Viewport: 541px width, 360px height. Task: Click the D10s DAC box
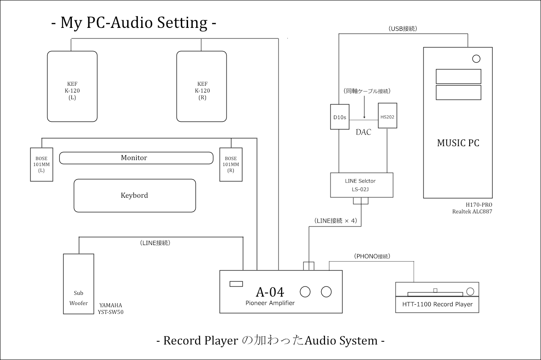pyautogui.click(x=339, y=117)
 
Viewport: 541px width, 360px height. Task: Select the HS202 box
pyautogui.click(x=388, y=116)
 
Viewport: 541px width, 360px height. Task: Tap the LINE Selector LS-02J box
pyautogui.click(x=362, y=185)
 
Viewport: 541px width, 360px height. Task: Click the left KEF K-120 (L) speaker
pyautogui.click(x=72, y=87)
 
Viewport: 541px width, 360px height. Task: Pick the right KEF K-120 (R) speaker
pyautogui.click(x=202, y=87)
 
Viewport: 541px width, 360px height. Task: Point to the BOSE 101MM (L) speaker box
pyautogui.click(x=41, y=164)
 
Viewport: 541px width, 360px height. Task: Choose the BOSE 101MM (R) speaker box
pyautogui.click(x=231, y=164)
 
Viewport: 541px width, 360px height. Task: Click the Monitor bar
pyautogui.click(x=136, y=158)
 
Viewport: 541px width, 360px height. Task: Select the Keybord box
pyautogui.click(x=135, y=195)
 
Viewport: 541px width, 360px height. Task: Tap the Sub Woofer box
pyautogui.click(x=79, y=284)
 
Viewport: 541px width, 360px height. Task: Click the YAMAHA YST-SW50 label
pyautogui.click(x=111, y=308)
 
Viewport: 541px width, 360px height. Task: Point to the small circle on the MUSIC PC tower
pyautogui.click(x=476, y=59)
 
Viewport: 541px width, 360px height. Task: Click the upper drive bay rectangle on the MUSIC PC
pyautogui.click(x=459, y=76)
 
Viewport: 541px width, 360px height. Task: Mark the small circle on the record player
pyautogui.click(x=470, y=291)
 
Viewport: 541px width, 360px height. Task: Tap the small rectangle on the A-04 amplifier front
pyautogui.click(x=236, y=284)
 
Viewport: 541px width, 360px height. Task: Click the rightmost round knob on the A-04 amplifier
pyautogui.click(x=326, y=292)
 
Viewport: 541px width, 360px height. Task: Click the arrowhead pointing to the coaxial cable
pyautogui.click(x=364, y=117)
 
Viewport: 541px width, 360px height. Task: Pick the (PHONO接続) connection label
pyautogui.click(x=372, y=256)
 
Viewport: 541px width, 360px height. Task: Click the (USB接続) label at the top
pyautogui.click(x=403, y=29)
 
